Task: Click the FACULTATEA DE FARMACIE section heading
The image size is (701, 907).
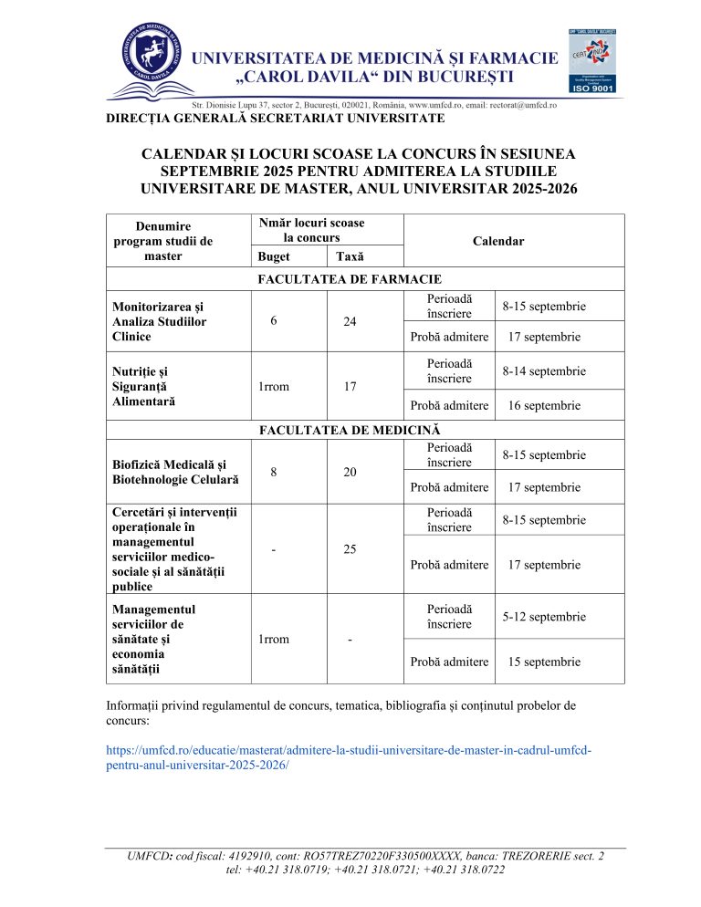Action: tap(350, 278)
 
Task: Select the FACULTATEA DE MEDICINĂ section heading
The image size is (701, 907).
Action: tap(350, 428)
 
